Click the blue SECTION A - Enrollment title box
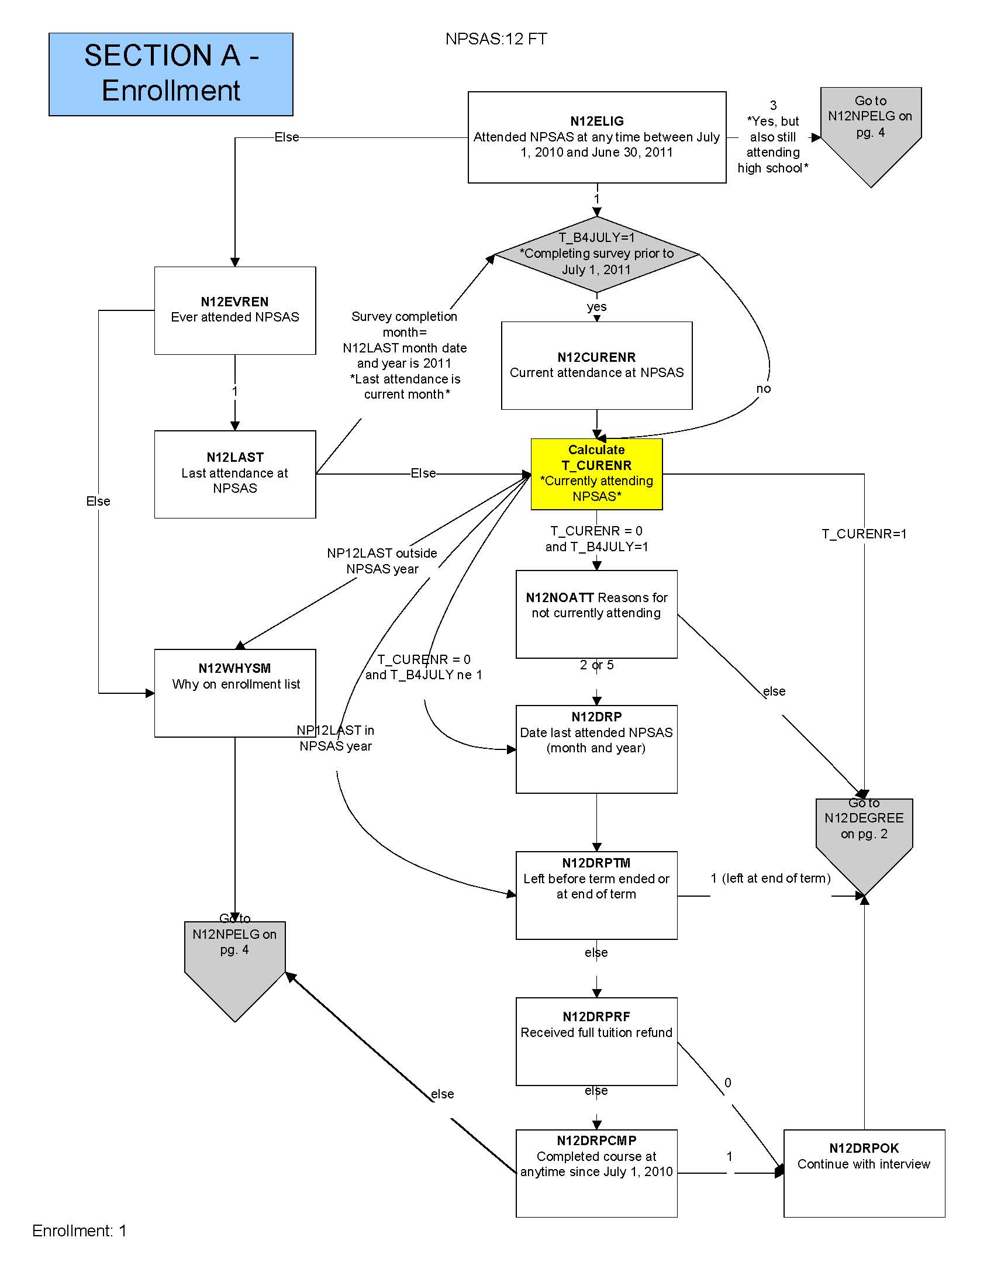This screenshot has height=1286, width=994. tap(171, 74)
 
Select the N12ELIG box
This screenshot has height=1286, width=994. tap(596, 137)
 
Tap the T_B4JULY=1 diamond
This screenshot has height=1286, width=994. tap(596, 254)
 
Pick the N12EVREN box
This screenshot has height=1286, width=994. tap(235, 310)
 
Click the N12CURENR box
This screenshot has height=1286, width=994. tap(596, 365)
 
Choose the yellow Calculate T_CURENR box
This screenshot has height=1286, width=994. tap(596, 473)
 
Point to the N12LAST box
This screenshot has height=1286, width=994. tap(235, 474)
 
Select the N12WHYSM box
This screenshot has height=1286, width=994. tap(235, 693)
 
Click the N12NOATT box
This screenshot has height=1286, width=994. tap(596, 614)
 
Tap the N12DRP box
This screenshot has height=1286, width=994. tap(596, 748)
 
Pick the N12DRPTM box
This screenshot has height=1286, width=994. tap(596, 894)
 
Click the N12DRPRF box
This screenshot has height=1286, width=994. tap(596, 1040)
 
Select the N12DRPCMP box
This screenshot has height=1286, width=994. tap(596, 1173)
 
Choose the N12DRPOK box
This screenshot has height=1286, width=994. tap(864, 1173)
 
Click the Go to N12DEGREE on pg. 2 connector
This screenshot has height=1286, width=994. tap(864, 836)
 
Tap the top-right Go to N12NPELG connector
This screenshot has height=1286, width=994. tap(871, 127)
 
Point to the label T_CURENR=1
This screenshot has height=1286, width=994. tap(864, 534)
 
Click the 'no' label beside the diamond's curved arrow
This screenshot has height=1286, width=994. tap(763, 389)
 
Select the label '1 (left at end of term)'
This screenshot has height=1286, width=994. tap(770, 879)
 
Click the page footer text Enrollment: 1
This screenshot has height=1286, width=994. tap(80, 1230)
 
